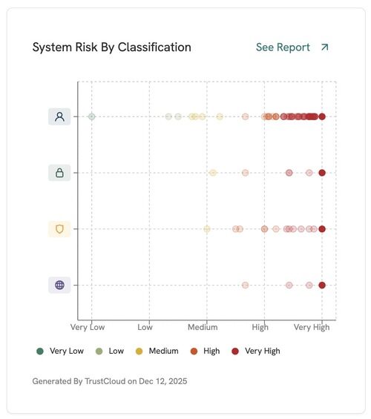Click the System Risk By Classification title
tap(111, 47)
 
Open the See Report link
tap(283, 47)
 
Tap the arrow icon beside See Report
tap(324, 47)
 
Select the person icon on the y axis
tap(59, 116)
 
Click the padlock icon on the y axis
tap(59, 173)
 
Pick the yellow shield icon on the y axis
tap(59, 229)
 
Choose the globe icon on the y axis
tap(59, 285)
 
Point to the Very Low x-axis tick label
tap(88, 327)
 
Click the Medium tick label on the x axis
tap(203, 327)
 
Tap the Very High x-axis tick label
tap(311, 327)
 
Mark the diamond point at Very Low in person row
tap(92, 116)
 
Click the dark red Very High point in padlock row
tap(322, 173)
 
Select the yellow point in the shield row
tap(207, 229)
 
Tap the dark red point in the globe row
tap(322, 285)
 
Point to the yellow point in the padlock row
tap(213, 173)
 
